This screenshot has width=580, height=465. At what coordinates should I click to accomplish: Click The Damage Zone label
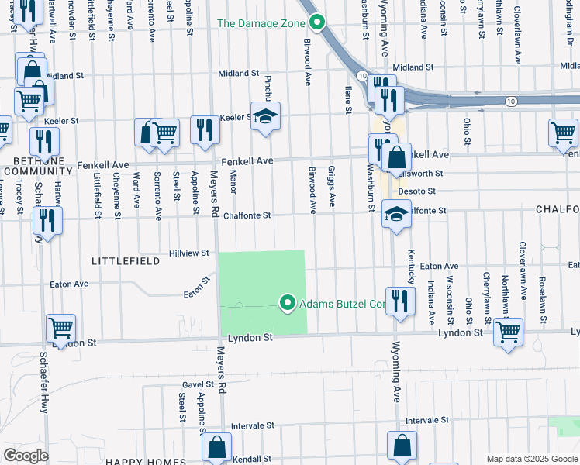tap(261, 23)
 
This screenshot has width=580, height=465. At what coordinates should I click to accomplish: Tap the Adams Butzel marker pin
tap(288, 303)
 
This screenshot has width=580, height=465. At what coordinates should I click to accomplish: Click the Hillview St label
tap(189, 253)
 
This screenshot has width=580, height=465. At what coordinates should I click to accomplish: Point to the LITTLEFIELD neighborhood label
tap(126, 262)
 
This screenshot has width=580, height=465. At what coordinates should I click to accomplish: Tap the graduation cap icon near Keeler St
tap(265, 116)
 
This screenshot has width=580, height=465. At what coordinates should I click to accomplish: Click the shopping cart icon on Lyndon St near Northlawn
tap(508, 332)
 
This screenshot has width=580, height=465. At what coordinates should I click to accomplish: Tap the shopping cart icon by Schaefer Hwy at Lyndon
tap(60, 328)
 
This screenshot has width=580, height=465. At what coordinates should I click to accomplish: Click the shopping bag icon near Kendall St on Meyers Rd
tap(217, 446)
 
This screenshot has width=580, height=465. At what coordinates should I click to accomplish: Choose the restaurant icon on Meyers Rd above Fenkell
tap(205, 129)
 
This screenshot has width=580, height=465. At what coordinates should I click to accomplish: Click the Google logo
tap(26, 456)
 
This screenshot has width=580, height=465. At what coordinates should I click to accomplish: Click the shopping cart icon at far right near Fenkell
tap(563, 133)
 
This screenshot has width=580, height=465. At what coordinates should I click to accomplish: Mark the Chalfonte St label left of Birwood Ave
tap(246, 215)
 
